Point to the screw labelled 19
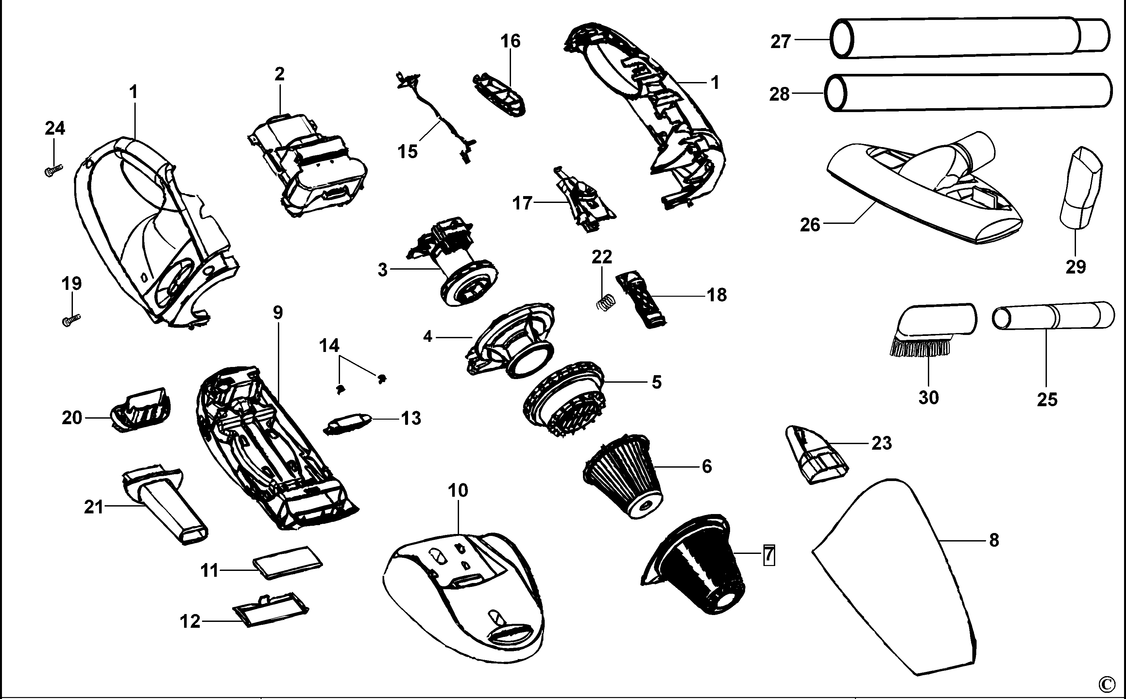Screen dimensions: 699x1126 point(71,320)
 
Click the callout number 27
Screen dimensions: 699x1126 point(780,42)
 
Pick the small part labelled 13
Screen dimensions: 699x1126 point(348,423)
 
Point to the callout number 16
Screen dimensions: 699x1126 point(510,42)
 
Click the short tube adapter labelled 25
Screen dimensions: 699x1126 point(1053,316)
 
